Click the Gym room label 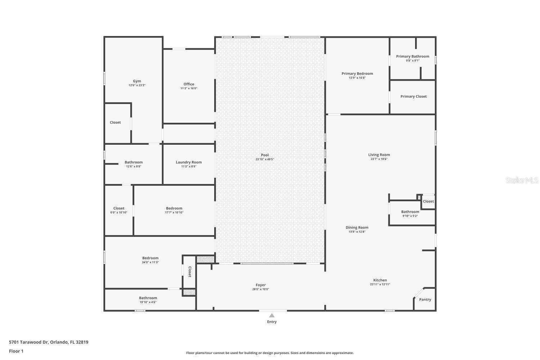pyautogui.click(x=137, y=81)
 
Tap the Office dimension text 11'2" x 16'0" pyautogui.click(x=189, y=89)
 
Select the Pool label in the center pyautogui.click(x=265, y=155)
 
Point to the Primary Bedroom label pyautogui.click(x=357, y=73)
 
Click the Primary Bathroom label pyautogui.click(x=413, y=56)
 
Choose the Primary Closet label pyautogui.click(x=413, y=96)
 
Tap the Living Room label pyautogui.click(x=379, y=155)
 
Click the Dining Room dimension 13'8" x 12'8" pyautogui.click(x=357, y=232)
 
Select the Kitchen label pyautogui.click(x=380, y=280)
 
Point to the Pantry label pyautogui.click(x=425, y=300)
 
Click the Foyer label pyautogui.click(x=261, y=285)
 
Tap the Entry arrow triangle pyautogui.click(x=272, y=315)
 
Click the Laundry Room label pyautogui.click(x=189, y=162)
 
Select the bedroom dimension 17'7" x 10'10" pyautogui.click(x=174, y=212)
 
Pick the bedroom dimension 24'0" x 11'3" pyautogui.click(x=150, y=262)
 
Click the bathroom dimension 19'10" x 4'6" pyautogui.click(x=148, y=302)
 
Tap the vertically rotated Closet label pyautogui.click(x=189, y=272)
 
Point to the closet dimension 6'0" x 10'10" pyautogui.click(x=119, y=212)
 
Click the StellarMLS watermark pyautogui.click(x=522, y=180)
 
